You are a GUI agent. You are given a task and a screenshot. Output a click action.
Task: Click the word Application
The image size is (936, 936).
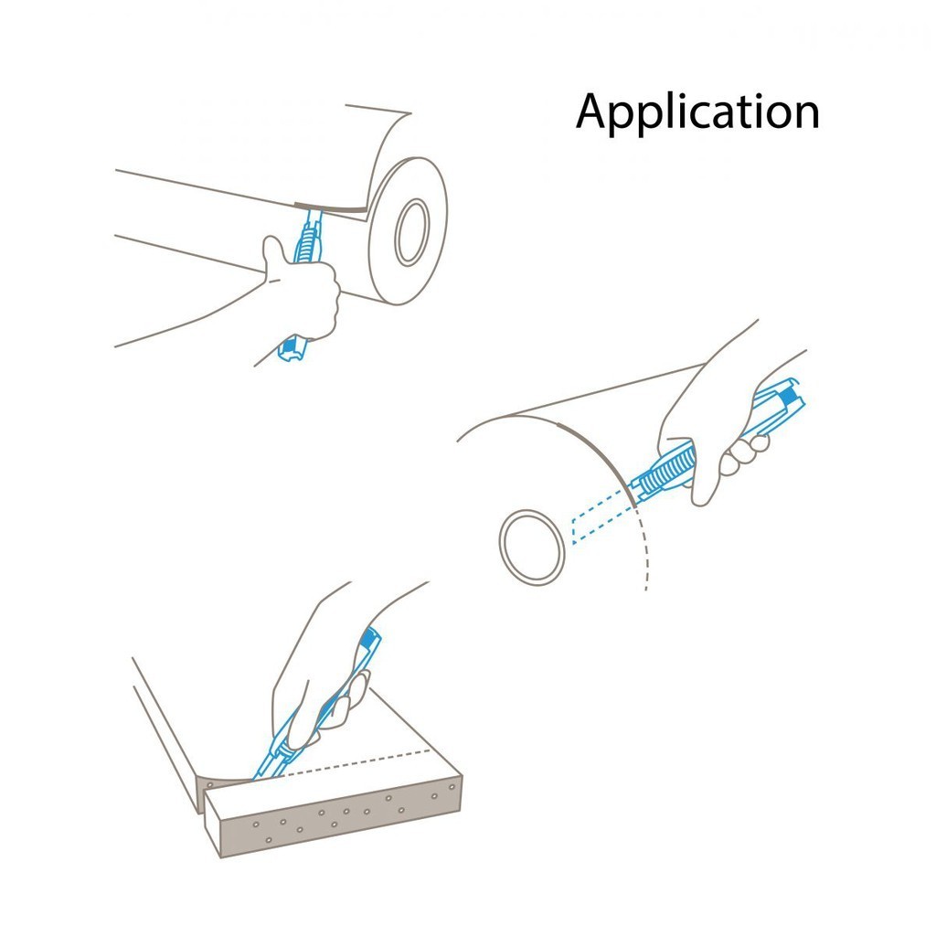[697, 112]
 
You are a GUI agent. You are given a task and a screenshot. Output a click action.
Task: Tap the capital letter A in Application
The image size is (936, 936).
[595, 112]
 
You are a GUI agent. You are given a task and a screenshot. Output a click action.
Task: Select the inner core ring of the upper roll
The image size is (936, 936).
[412, 231]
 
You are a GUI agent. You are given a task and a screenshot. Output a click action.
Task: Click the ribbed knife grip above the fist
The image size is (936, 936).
[309, 236]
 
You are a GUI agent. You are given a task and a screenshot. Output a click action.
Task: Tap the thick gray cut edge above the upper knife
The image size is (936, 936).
[331, 207]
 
